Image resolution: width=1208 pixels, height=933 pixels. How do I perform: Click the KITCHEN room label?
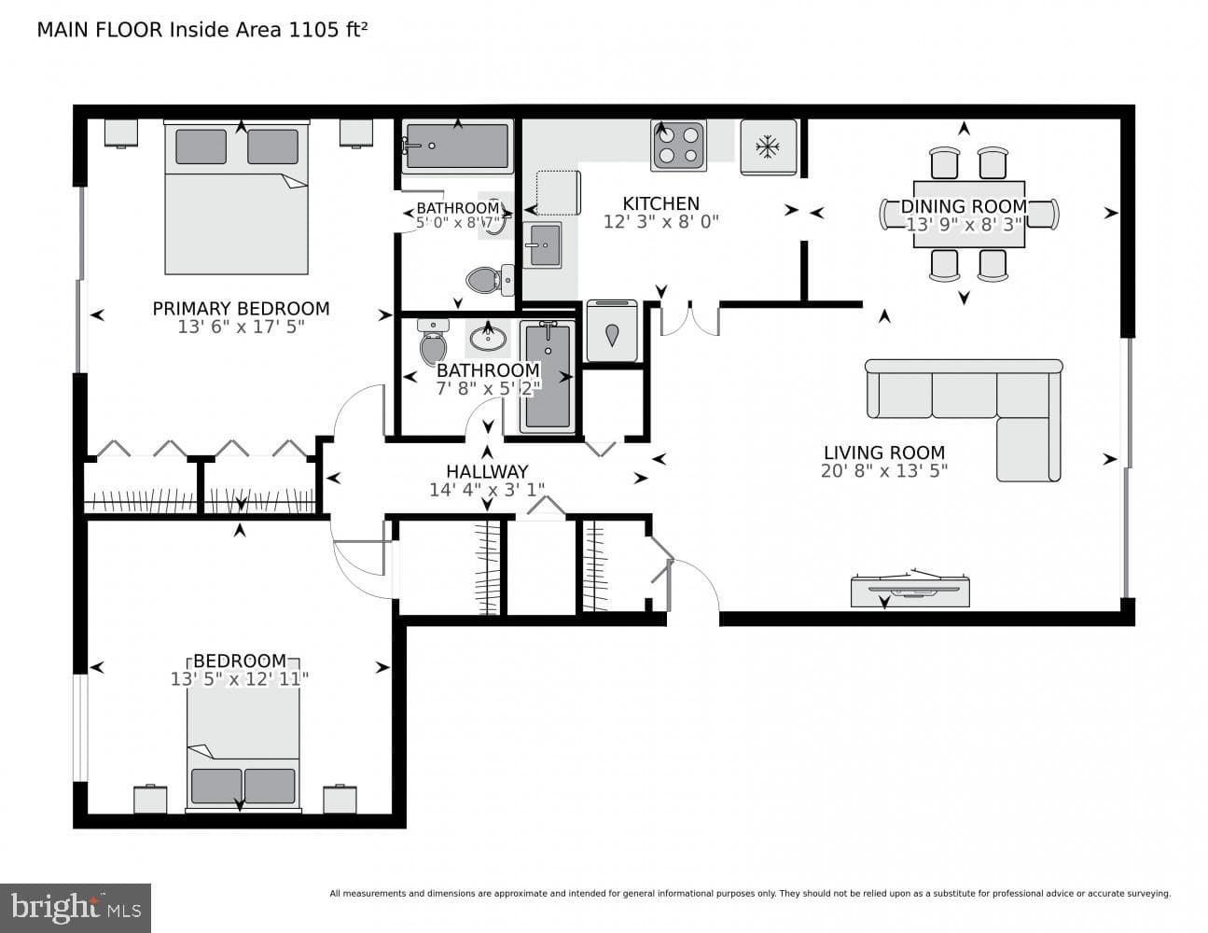tap(660, 203)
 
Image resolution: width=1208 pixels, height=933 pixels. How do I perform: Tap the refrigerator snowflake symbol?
tap(767, 147)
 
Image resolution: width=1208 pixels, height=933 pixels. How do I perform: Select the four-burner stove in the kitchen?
tap(678, 146)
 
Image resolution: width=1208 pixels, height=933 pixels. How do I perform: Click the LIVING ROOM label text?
tap(884, 453)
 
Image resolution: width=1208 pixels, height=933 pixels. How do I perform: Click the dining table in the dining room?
tap(969, 214)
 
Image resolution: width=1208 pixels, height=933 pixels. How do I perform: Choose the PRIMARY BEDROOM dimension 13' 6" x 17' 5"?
tap(241, 327)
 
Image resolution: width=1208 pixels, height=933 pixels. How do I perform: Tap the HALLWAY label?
tap(487, 471)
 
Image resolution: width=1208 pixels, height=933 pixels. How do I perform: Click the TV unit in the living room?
tap(910, 589)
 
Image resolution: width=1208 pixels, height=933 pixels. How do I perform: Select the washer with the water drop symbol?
tap(612, 331)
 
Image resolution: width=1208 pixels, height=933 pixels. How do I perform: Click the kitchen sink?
tap(541, 244)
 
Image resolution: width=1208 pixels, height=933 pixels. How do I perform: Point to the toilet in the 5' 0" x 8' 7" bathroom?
tap(490, 280)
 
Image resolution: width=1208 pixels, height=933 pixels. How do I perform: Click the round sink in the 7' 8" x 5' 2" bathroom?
tap(488, 337)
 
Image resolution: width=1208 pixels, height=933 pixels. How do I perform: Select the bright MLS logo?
tap(76, 908)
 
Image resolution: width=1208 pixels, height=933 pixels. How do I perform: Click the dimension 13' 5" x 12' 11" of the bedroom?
tap(239, 679)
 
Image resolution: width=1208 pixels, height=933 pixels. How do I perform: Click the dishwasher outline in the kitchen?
tap(558, 193)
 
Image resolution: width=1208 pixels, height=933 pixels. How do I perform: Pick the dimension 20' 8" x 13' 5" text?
tap(884, 471)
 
